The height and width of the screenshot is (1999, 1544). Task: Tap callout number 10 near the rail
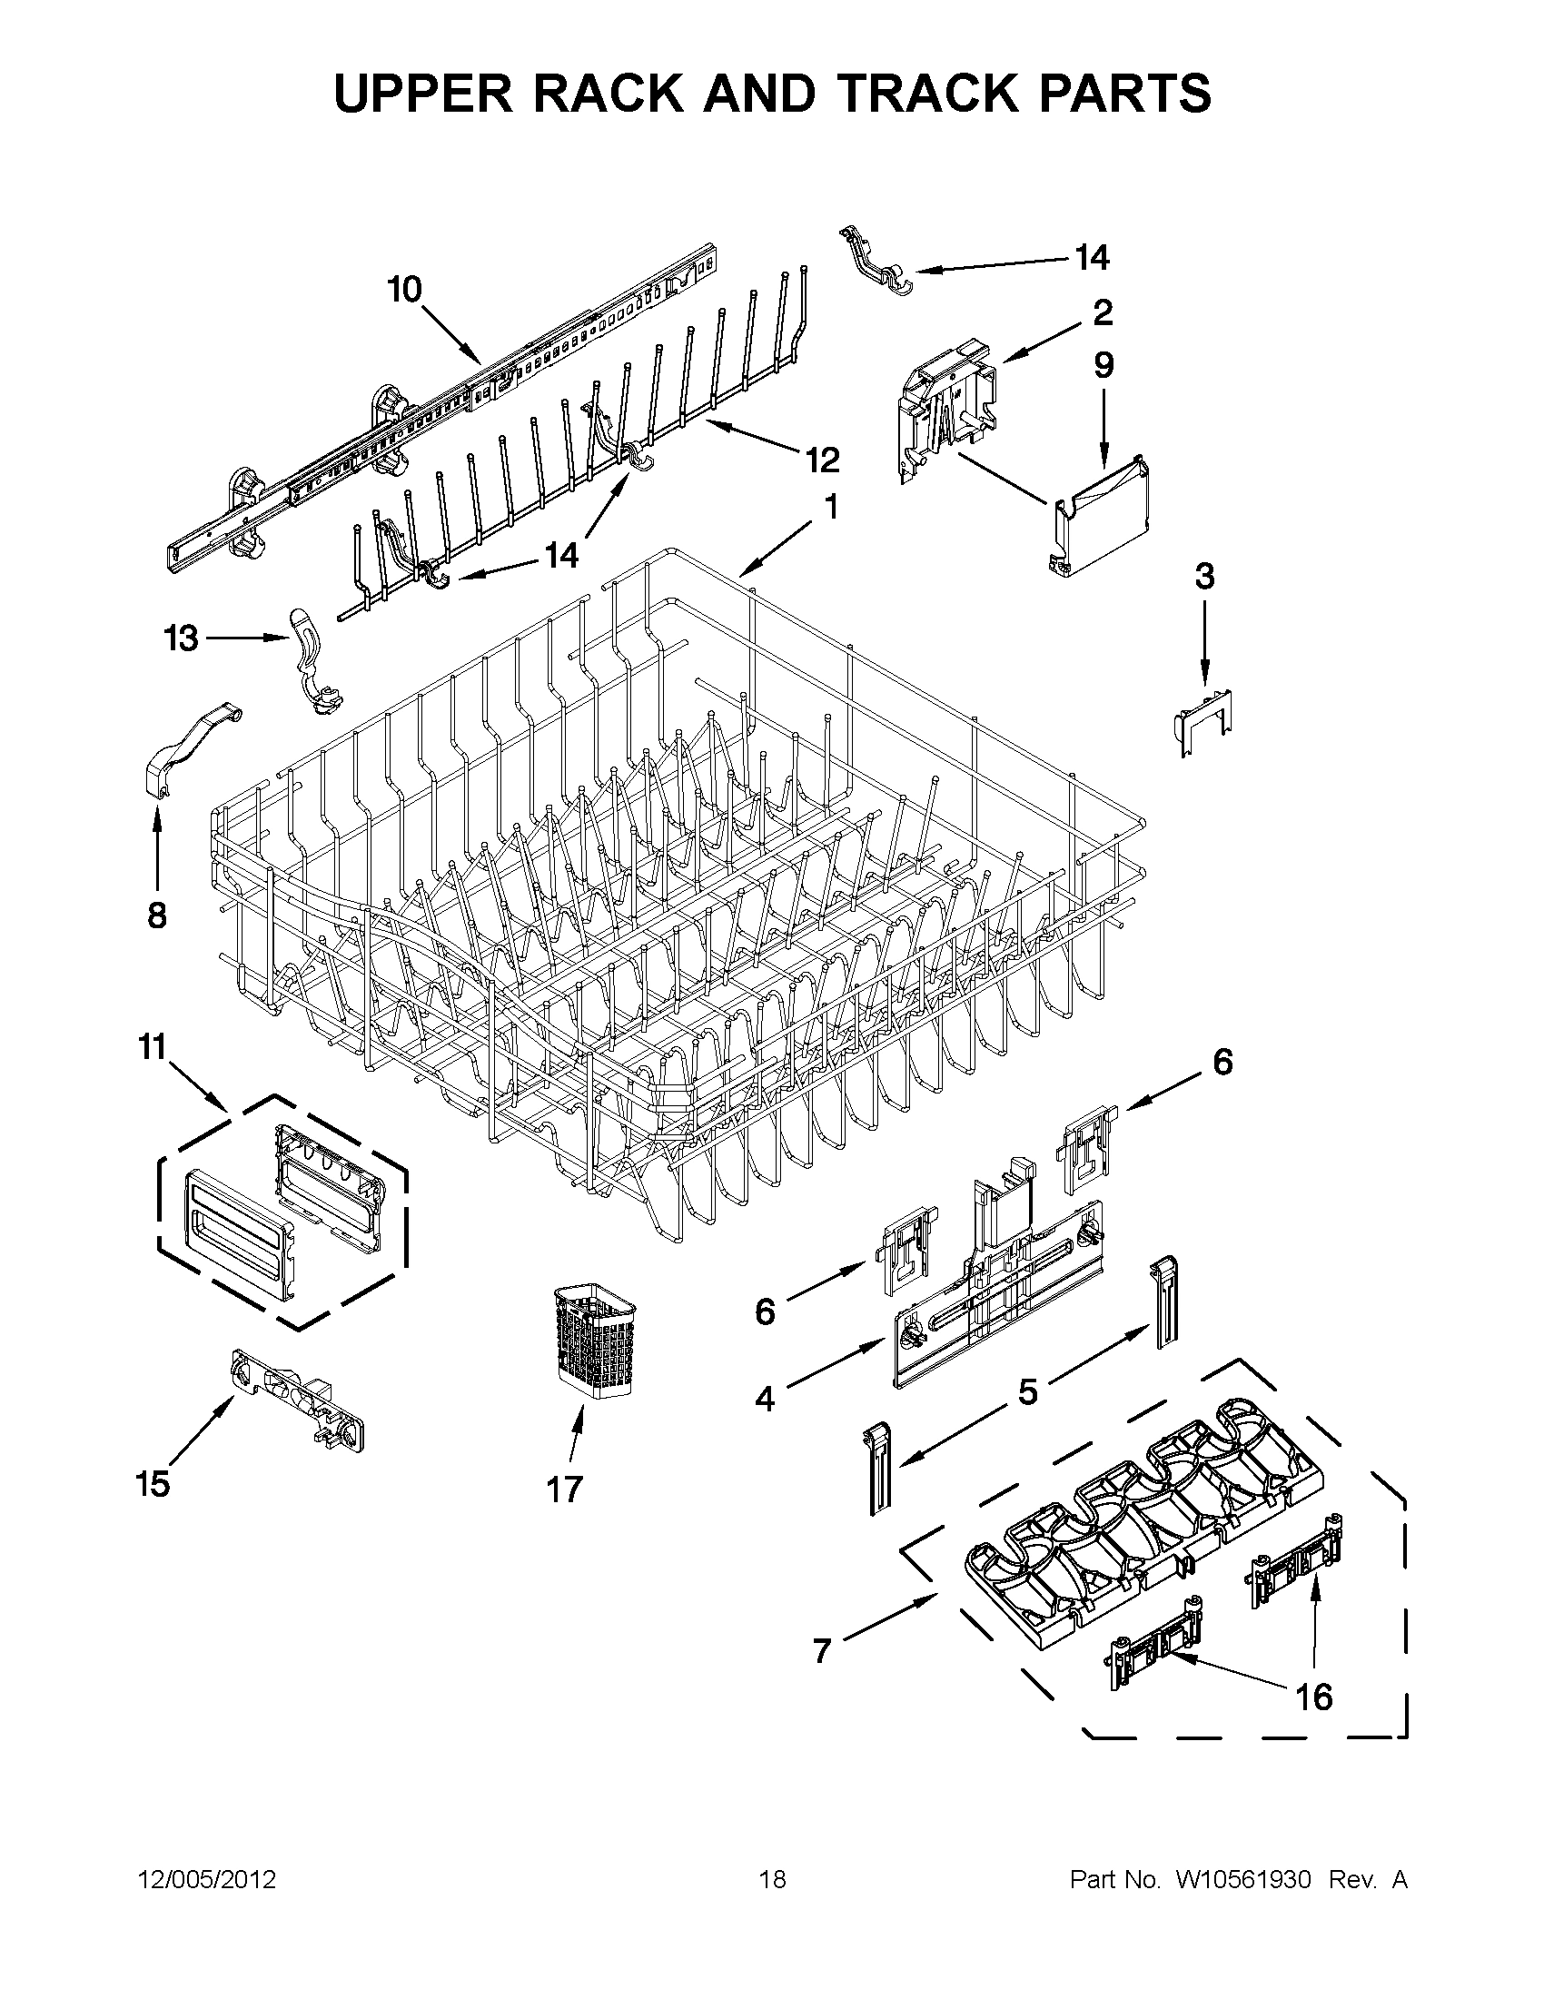coord(403,290)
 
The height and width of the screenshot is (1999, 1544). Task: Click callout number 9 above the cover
coord(1104,365)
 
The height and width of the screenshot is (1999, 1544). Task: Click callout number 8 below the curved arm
coord(157,915)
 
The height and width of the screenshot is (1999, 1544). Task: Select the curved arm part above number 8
coord(191,737)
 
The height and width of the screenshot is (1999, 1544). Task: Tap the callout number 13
coord(182,638)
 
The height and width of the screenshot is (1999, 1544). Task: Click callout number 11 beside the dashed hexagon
coord(153,1046)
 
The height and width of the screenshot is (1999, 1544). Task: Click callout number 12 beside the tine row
coord(822,460)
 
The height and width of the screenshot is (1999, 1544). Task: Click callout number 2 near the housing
coord(1103,313)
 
